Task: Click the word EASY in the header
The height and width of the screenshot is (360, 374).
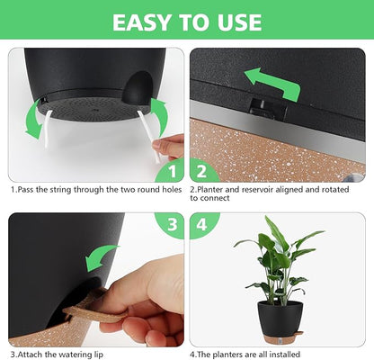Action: coord(146,22)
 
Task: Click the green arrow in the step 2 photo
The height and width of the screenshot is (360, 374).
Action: coord(273,84)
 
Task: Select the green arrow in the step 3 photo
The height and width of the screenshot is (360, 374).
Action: coord(102,254)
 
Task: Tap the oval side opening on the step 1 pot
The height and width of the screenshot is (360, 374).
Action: coord(137,91)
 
